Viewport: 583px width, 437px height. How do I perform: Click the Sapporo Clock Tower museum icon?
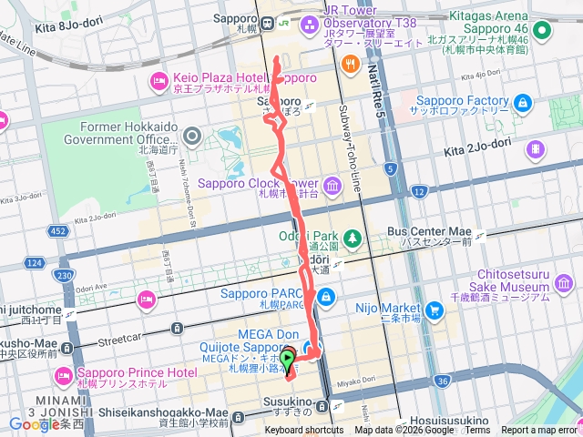[x=331, y=186]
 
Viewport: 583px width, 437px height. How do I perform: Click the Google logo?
[x=34, y=424]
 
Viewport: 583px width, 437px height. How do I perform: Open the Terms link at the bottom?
[x=478, y=431]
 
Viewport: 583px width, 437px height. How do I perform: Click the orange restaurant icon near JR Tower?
[x=351, y=64]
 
